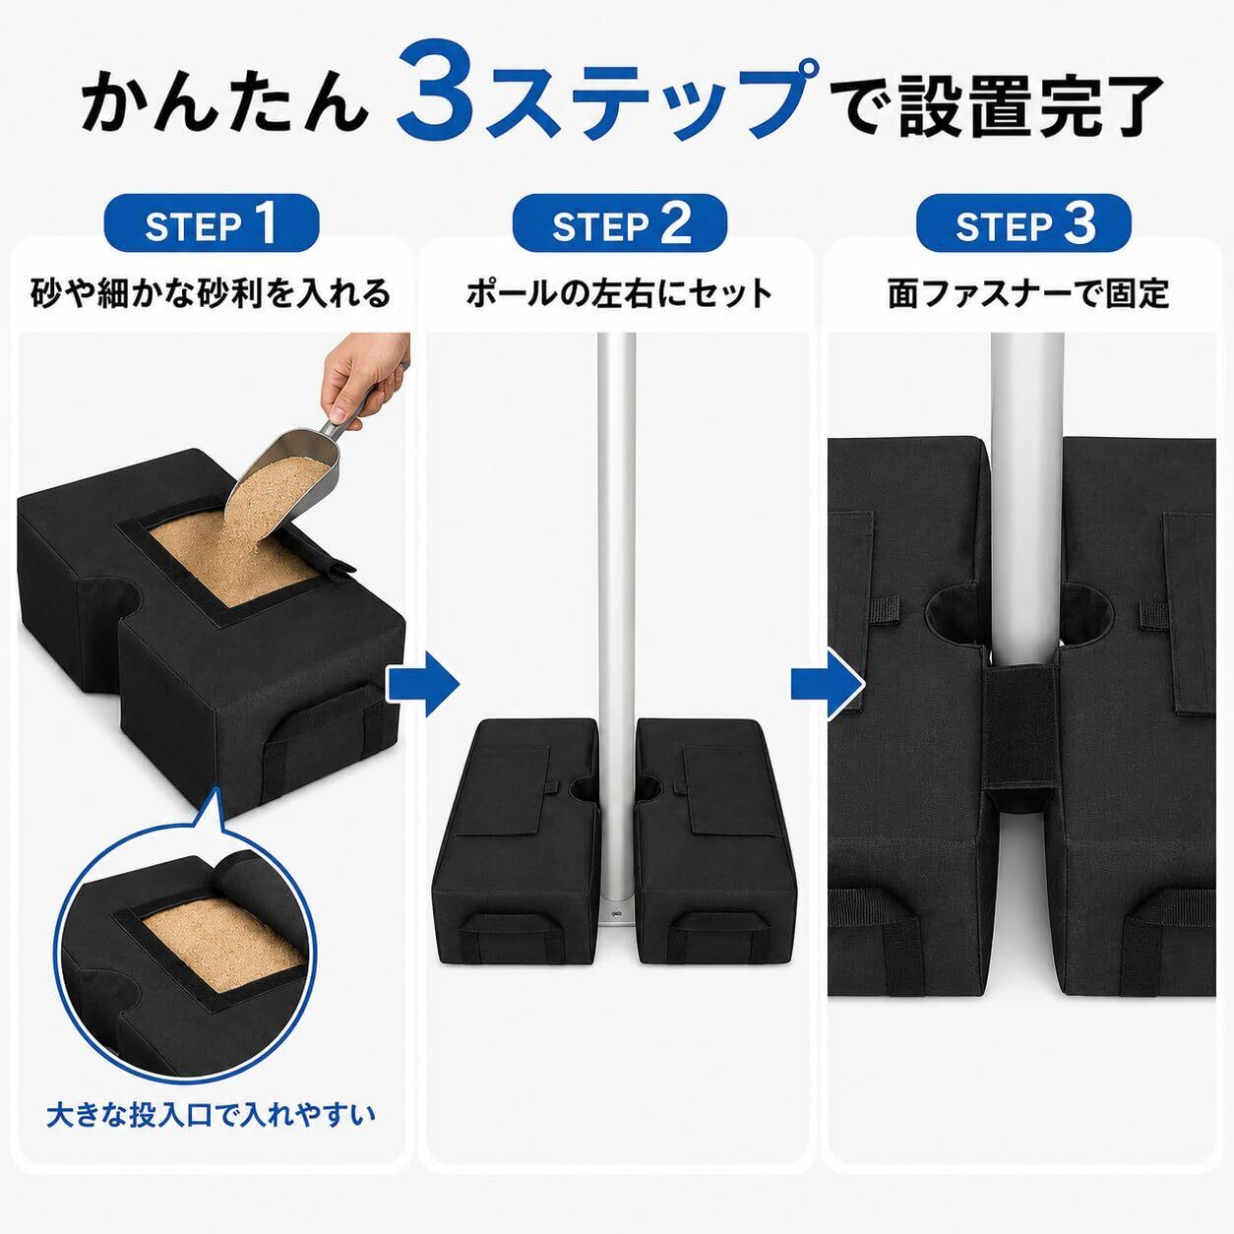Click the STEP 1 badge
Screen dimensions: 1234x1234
pyautogui.click(x=212, y=223)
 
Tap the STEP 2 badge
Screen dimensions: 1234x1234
pyautogui.click(x=619, y=223)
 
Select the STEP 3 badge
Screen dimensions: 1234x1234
pyautogui.click(x=1023, y=223)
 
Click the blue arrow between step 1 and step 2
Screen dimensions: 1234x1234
pyautogui.click(x=424, y=684)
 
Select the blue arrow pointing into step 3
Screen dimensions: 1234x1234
pyautogui.click(x=828, y=684)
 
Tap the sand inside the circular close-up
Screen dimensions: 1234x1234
pyautogui.click(x=221, y=954)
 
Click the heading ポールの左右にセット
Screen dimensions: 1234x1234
pyautogui.click(x=619, y=294)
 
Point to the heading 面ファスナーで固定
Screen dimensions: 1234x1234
pyautogui.click(x=1028, y=294)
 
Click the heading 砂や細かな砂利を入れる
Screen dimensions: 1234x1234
pyautogui.click(x=211, y=294)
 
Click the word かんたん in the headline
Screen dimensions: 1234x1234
pyautogui.click(x=224, y=104)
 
